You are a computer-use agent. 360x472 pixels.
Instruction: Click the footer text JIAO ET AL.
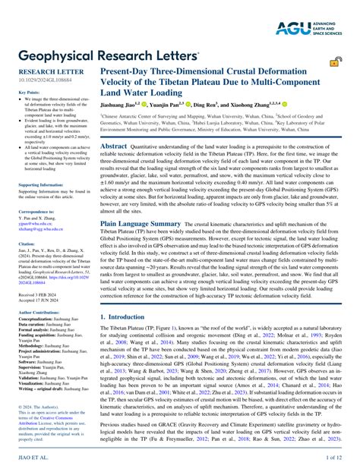click(x=33, y=459)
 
